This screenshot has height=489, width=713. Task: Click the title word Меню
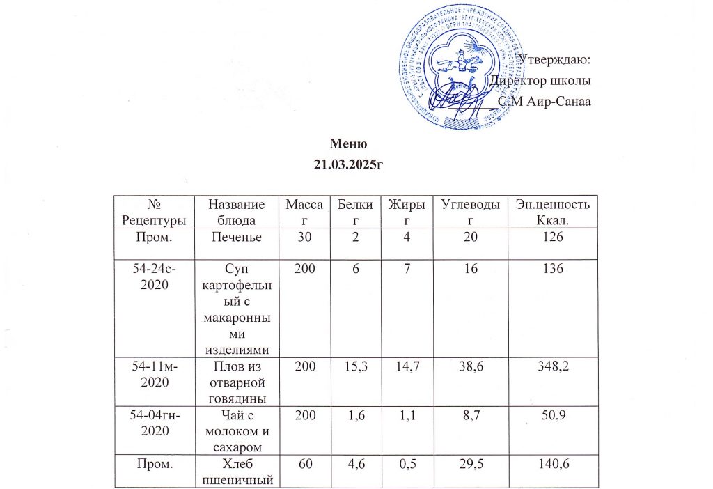pyautogui.click(x=347, y=145)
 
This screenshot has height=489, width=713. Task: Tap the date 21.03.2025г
pyautogui.click(x=347, y=164)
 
